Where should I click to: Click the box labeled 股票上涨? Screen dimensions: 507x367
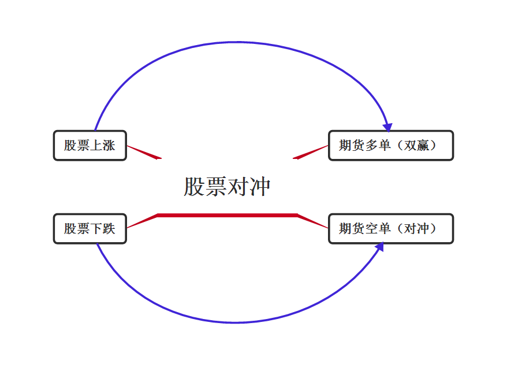click(90, 145)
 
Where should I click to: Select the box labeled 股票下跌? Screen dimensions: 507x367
click(90, 228)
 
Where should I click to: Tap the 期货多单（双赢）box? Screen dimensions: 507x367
click(391, 145)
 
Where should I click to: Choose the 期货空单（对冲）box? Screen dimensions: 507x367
click(391, 228)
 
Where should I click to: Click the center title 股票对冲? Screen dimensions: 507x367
click(227, 187)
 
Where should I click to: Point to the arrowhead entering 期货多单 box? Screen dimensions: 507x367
click(387, 127)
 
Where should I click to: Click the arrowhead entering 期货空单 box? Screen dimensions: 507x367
click(379, 247)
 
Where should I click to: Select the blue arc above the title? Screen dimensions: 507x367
click(238, 42)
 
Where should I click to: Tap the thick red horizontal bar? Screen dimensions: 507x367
click(228, 215)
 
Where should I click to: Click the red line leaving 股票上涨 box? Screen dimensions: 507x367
click(144, 153)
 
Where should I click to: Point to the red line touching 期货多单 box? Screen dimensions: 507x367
click(311, 153)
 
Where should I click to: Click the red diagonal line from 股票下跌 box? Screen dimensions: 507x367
click(142, 221)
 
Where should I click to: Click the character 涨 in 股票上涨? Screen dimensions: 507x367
click(109, 145)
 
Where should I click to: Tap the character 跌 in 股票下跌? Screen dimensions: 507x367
click(109, 228)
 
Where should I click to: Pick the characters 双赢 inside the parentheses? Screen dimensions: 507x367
click(417, 145)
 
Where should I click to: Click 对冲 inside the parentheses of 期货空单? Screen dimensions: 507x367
click(417, 228)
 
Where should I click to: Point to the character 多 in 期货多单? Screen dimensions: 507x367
click(371, 145)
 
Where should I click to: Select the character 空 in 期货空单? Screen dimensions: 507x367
click(371, 228)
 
